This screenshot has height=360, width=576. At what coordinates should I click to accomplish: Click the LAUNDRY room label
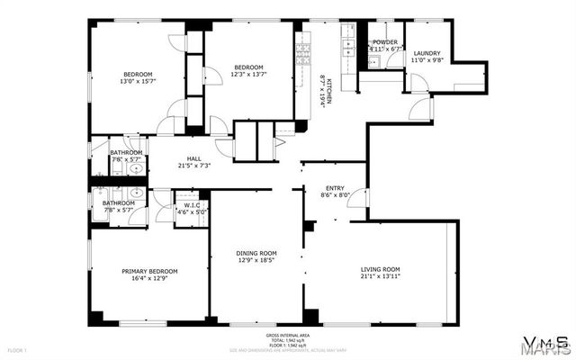click(x=427, y=54)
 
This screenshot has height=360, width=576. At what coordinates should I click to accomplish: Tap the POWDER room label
click(x=384, y=41)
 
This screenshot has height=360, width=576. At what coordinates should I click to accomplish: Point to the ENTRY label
click(x=335, y=188)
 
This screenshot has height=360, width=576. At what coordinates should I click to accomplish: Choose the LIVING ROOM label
click(x=380, y=269)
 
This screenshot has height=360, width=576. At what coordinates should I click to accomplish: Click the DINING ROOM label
click(x=256, y=254)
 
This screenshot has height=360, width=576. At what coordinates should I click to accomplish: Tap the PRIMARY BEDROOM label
click(x=150, y=271)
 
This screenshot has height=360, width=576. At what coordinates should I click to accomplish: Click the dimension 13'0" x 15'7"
click(x=138, y=81)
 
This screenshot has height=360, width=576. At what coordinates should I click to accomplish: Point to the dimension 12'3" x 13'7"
click(x=248, y=75)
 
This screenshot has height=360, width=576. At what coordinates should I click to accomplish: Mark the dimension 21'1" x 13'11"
click(x=380, y=276)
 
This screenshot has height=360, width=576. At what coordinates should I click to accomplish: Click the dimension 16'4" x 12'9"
click(x=150, y=278)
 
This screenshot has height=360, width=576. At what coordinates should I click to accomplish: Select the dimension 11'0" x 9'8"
click(x=427, y=61)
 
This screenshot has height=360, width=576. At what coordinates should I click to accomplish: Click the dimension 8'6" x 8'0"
click(x=335, y=195)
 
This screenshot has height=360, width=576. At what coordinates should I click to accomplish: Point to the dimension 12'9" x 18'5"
click(x=256, y=261)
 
